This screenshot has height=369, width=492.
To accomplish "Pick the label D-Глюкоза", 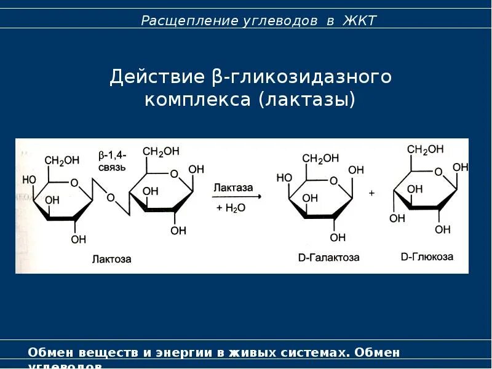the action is [427, 256].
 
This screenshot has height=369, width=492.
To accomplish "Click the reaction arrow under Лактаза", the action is [236, 196].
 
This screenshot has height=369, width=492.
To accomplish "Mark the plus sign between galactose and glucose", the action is [371, 192].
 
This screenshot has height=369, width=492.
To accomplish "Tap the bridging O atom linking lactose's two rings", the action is [110, 197].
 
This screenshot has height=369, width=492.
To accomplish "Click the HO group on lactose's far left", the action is [29, 180].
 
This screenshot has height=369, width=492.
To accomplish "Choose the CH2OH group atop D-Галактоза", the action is [321, 158].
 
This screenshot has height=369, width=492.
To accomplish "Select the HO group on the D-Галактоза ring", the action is [284, 178].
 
